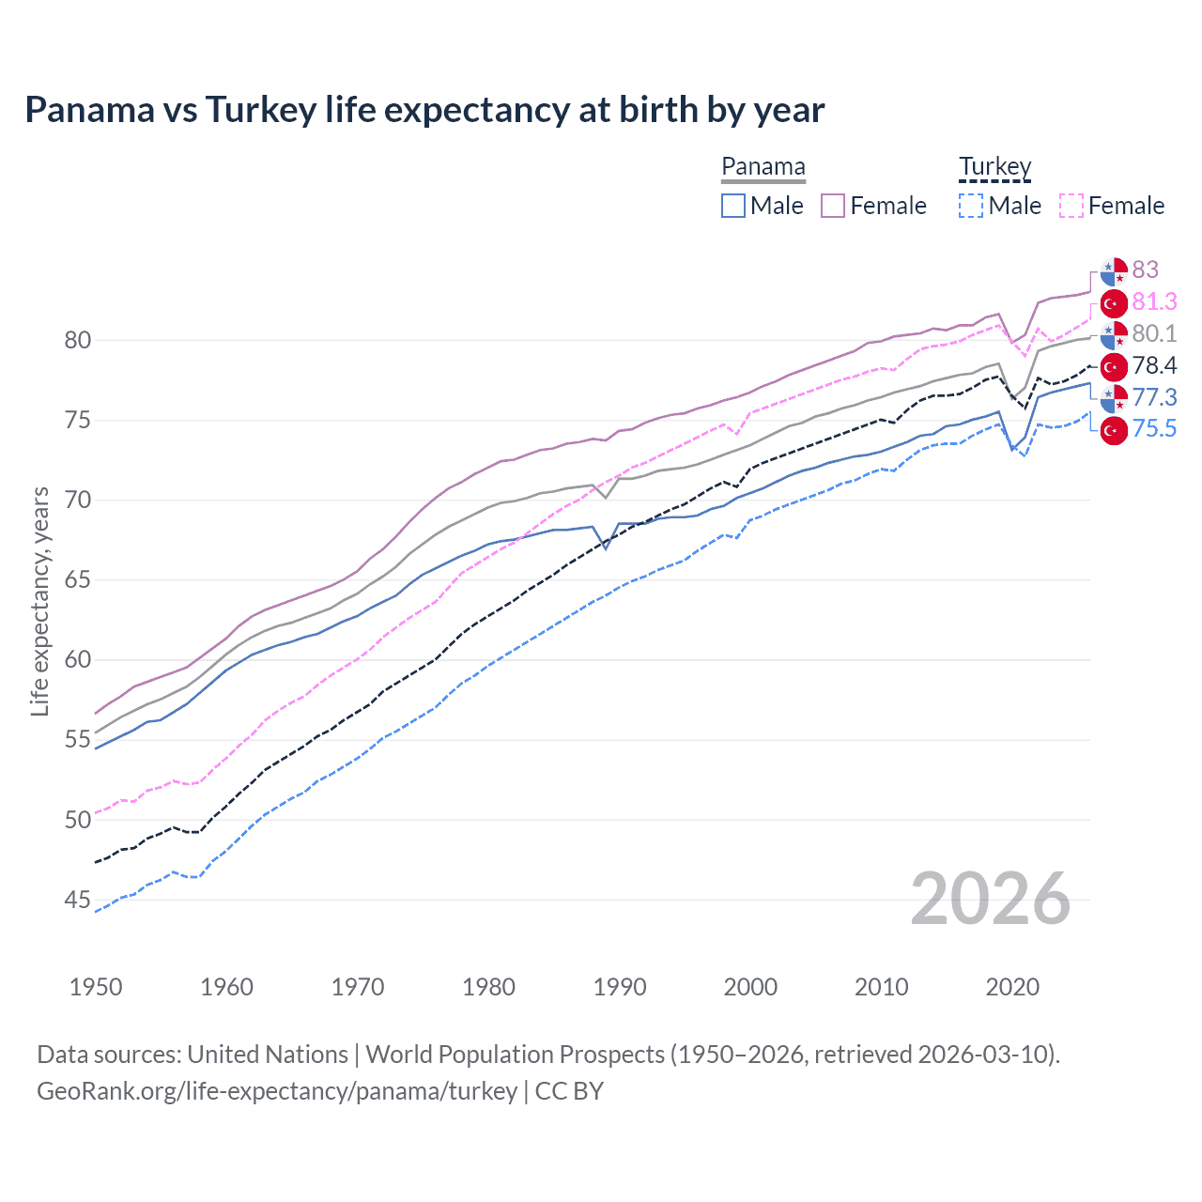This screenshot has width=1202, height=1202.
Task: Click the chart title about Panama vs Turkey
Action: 424,110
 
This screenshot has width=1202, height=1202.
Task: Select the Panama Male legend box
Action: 733,206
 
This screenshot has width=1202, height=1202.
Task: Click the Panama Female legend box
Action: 833,206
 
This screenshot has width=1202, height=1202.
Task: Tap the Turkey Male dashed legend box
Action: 971,206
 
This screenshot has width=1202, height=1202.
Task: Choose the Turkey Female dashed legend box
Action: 1071,206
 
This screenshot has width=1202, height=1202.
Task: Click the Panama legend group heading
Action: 763,167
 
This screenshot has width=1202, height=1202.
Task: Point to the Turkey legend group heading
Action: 994,167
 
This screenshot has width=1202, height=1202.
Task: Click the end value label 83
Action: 1145,270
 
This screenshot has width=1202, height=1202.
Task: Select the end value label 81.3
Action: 1154,301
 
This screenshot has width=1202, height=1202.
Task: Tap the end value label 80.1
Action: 1154,333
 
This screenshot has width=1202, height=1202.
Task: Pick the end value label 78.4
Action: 1154,365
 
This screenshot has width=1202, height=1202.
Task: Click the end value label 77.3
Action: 1154,397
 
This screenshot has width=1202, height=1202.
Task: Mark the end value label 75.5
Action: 1154,429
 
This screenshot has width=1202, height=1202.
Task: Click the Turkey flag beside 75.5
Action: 1114,430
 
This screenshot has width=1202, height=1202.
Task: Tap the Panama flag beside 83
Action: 1114,270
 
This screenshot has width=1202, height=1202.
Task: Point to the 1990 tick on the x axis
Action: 620,987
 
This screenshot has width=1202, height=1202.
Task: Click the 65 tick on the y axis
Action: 78,580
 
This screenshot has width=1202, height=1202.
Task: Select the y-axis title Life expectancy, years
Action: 40,601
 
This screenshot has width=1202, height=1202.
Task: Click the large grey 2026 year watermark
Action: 990,899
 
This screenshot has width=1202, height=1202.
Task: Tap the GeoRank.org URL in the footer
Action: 277,1091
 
